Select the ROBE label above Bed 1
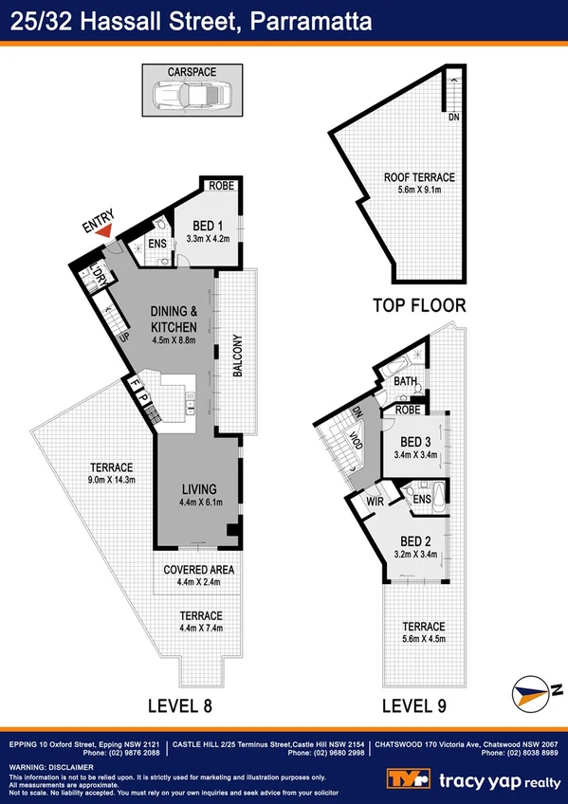pos(222,186)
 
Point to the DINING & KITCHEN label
pos(174,319)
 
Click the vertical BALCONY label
pos(238,356)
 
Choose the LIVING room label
pos(200,490)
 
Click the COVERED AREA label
pos(199,569)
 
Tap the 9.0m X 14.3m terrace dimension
pos(112,481)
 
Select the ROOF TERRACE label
pos(419,177)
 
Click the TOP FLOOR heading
pos(419,305)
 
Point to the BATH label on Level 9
pos(405,381)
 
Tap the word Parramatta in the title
pos(311,21)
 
